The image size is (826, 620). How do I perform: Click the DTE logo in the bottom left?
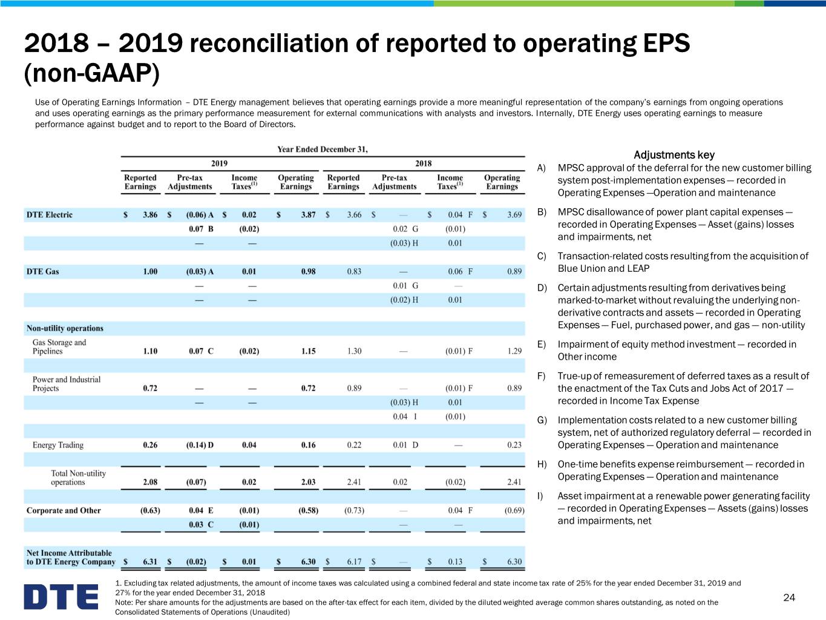[x=61, y=596]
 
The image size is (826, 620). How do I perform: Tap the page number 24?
[x=788, y=598]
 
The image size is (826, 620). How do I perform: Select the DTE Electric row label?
[x=49, y=214]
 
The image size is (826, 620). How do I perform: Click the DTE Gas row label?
[x=42, y=271]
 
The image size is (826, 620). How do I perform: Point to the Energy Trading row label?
[x=58, y=445]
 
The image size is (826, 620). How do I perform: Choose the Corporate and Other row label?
[x=64, y=510]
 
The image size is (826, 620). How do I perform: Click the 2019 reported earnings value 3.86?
[x=150, y=214]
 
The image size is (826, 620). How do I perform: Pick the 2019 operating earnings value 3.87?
[x=308, y=214]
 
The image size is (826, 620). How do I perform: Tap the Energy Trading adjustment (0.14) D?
[x=200, y=445]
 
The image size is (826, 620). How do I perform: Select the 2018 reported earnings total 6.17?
[x=354, y=562]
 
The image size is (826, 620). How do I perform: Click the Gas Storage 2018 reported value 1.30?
[x=354, y=351]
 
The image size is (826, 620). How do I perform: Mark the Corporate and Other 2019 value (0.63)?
[x=150, y=510]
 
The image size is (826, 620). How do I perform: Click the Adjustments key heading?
[x=674, y=155]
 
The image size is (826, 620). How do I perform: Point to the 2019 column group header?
[x=220, y=163]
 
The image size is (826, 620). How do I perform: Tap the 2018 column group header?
[x=424, y=163]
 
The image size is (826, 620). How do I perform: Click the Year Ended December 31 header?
[x=323, y=149]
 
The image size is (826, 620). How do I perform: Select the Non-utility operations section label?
[x=65, y=328]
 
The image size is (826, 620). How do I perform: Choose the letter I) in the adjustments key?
[x=540, y=496]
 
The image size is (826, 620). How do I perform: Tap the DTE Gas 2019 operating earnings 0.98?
[x=308, y=271]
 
